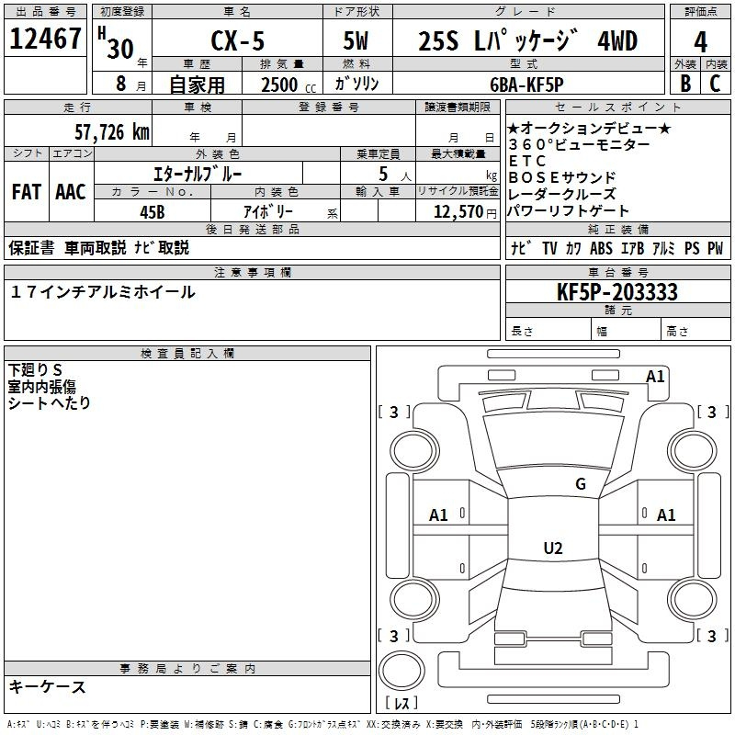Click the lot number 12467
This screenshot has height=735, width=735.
[45, 39]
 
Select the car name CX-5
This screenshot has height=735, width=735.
[237, 40]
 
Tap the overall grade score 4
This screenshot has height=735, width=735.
[700, 42]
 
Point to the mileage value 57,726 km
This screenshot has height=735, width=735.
[112, 132]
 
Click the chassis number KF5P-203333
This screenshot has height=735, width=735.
[616, 292]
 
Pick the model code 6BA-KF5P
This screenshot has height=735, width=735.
[526, 85]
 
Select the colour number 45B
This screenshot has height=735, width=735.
[153, 212]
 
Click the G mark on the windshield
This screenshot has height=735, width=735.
[581, 484]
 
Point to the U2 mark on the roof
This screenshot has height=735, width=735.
[553, 548]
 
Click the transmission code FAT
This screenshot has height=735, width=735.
[27, 192]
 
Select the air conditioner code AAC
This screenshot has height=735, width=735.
[71, 192]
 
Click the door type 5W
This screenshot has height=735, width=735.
[356, 40]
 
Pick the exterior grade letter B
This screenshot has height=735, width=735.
[685, 84]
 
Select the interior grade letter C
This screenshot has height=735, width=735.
[715, 84]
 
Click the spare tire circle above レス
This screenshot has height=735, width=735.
[401, 671]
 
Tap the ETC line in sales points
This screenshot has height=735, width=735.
[527, 161]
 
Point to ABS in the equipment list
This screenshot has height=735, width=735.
[601, 248]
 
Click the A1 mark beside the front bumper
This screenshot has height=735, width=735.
[655, 377]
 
